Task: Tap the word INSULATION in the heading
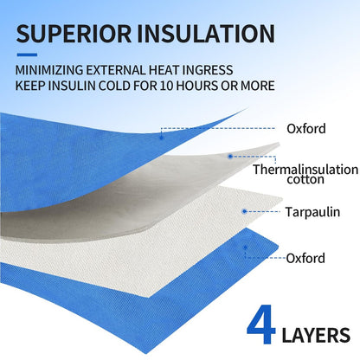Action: (206, 34)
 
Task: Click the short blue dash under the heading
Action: (27, 55)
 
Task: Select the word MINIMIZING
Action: (49, 70)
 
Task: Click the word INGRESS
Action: (208, 70)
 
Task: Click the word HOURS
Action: (197, 86)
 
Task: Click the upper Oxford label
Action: (306, 129)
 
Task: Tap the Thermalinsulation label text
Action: (305, 170)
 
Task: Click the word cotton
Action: (305, 179)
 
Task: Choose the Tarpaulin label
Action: (312, 212)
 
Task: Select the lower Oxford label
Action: (305, 258)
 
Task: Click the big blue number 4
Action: (261, 325)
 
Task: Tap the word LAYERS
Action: (316, 336)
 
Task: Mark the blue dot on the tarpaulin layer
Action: (244, 211)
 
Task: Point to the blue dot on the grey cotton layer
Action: (230, 157)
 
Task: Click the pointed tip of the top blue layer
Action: (248, 108)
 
